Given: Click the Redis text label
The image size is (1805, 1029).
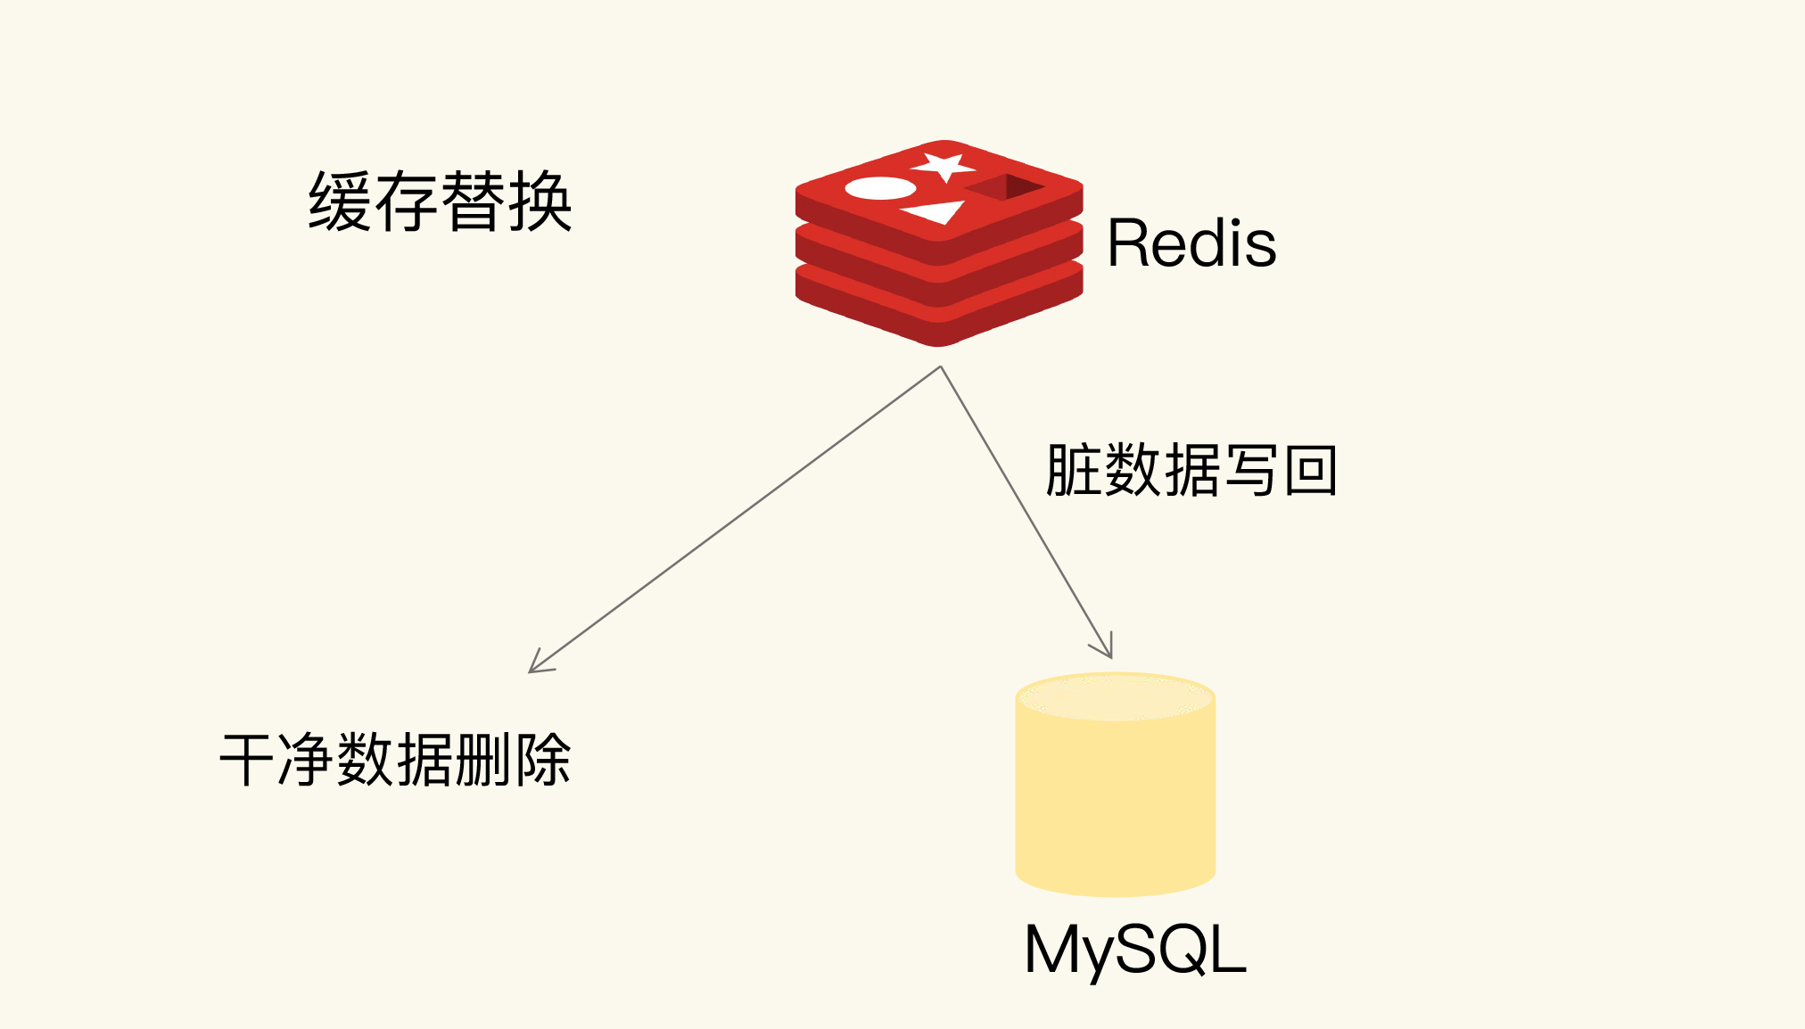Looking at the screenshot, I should pyautogui.click(x=1191, y=243).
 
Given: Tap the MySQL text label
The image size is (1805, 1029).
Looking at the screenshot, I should pyautogui.click(x=1134, y=950).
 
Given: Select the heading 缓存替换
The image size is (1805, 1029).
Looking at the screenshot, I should pyautogui.click(x=440, y=202).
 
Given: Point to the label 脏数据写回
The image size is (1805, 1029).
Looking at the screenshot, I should pyautogui.click(x=1191, y=470).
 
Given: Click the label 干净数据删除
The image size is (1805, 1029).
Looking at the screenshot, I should pyautogui.click(x=395, y=760).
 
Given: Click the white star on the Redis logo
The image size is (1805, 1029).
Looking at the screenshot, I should pyautogui.click(x=943, y=166).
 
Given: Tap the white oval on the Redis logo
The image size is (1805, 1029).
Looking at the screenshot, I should pyautogui.click(x=879, y=188).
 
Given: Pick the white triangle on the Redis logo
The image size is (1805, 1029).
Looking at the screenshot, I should pyautogui.click(x=936, y=212).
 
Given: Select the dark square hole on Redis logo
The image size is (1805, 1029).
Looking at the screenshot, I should pyautogui.click(x=1006, y=187).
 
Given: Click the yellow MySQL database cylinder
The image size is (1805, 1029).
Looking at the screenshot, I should pyautogui.click(x=1115, y=794).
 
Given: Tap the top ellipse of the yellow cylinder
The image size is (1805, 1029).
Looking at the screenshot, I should pyautogui.click(x=1115, y=696).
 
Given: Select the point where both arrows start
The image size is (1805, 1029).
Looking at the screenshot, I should pyautogui.click(x=941, y=366).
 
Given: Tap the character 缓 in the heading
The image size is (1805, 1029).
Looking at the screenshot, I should pyautogui.click(x=340, y=202).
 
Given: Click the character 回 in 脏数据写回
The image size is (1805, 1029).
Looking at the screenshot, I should pyautogui.click(x=1310, y=470).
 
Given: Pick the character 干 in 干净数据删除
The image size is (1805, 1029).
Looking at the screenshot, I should pyautogui.click(x=246, y=760).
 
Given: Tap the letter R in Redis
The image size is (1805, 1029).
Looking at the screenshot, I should pyautogui.click(x=1127, y=243).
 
